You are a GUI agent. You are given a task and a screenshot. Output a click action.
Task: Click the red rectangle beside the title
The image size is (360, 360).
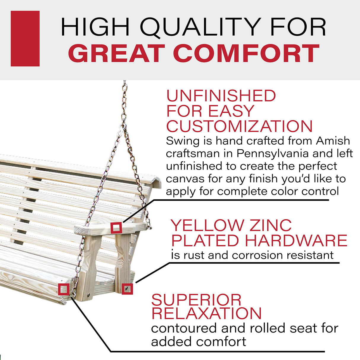25,39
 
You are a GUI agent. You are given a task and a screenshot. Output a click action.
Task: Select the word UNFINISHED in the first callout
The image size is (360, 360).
221,96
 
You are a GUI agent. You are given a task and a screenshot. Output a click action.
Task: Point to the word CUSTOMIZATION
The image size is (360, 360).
239,126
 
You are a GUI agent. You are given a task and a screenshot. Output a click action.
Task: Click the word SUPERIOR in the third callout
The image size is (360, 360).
196,300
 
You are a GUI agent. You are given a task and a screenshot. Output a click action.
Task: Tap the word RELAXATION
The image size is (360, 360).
206,313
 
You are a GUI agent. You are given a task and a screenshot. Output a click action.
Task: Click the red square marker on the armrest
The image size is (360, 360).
116,228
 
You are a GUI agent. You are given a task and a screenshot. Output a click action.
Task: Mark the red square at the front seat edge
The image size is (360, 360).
64,289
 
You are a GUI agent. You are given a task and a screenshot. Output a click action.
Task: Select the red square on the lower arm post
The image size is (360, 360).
127,289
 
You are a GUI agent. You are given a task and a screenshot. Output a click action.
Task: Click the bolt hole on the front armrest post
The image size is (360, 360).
88,295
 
